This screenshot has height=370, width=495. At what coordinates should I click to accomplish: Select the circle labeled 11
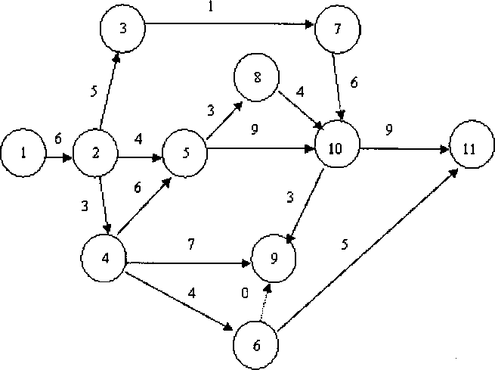(469, 148)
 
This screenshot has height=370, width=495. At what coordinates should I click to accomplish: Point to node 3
(122, 29)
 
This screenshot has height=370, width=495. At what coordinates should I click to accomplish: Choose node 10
(336, 147)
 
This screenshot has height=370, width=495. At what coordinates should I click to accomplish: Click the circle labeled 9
(274, 257)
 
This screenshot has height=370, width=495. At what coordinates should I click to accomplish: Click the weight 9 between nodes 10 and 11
(388, 129)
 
